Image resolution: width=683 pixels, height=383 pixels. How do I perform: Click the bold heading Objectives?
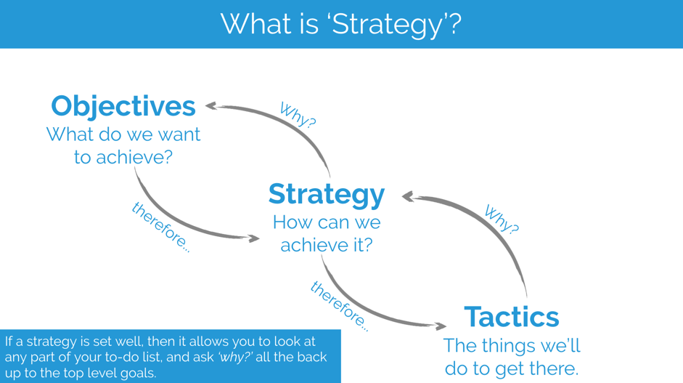click(123, 106)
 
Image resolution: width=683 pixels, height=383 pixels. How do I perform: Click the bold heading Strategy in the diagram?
click(327, 195)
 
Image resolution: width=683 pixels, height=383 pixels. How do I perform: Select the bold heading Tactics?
click(512, 317)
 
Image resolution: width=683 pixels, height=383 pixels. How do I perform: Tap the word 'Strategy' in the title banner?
click(388, 25)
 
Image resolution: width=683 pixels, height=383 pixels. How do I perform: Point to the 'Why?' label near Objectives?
click(298, 115)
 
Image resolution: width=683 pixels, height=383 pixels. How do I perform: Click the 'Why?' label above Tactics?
click(502, 219)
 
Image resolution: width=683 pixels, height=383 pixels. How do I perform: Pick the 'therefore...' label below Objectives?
click(161, 227)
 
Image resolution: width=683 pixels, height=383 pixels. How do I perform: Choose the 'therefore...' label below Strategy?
click(340, 306)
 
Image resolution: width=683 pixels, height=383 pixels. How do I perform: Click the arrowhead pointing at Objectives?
click(210, 105)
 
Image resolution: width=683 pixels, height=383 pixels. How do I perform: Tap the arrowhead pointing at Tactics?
click(441, 326)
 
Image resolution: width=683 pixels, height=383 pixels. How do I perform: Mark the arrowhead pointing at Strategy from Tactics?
click(408, 197)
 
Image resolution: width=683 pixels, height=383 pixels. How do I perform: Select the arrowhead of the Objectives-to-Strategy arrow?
click(254, 238)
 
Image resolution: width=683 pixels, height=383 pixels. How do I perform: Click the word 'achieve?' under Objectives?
click(134, 158)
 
